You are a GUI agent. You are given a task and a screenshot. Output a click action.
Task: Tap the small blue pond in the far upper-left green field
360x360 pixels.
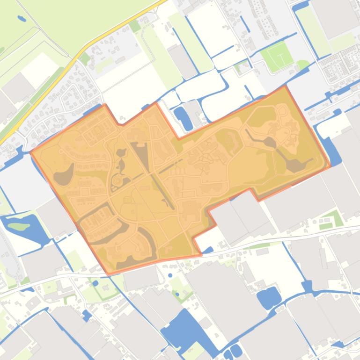(22, 19)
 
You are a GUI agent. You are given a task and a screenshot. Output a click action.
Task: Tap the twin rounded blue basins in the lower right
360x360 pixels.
(268, 297)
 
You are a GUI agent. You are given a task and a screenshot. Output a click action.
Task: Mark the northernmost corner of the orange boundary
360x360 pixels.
(285, 86)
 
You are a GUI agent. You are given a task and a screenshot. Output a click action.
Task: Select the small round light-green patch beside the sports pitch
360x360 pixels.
(302, 64)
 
